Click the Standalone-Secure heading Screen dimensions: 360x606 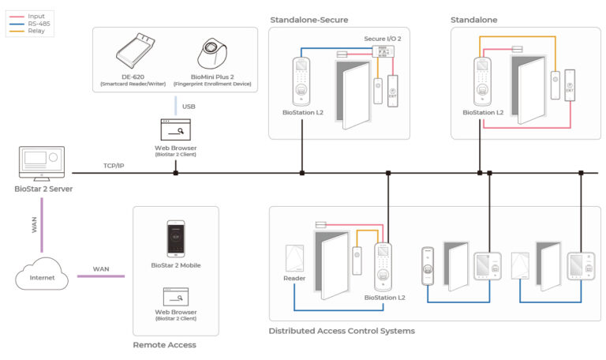pos(309,19)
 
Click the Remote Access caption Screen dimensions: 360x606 pos(164,345)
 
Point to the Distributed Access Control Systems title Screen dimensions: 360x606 pos(342,331)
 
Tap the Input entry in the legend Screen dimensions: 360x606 pos(37,15)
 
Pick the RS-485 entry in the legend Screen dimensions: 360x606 pos(39,23)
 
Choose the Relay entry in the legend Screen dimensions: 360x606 pos(36,32)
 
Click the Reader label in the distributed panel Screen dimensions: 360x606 pos(294,279)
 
